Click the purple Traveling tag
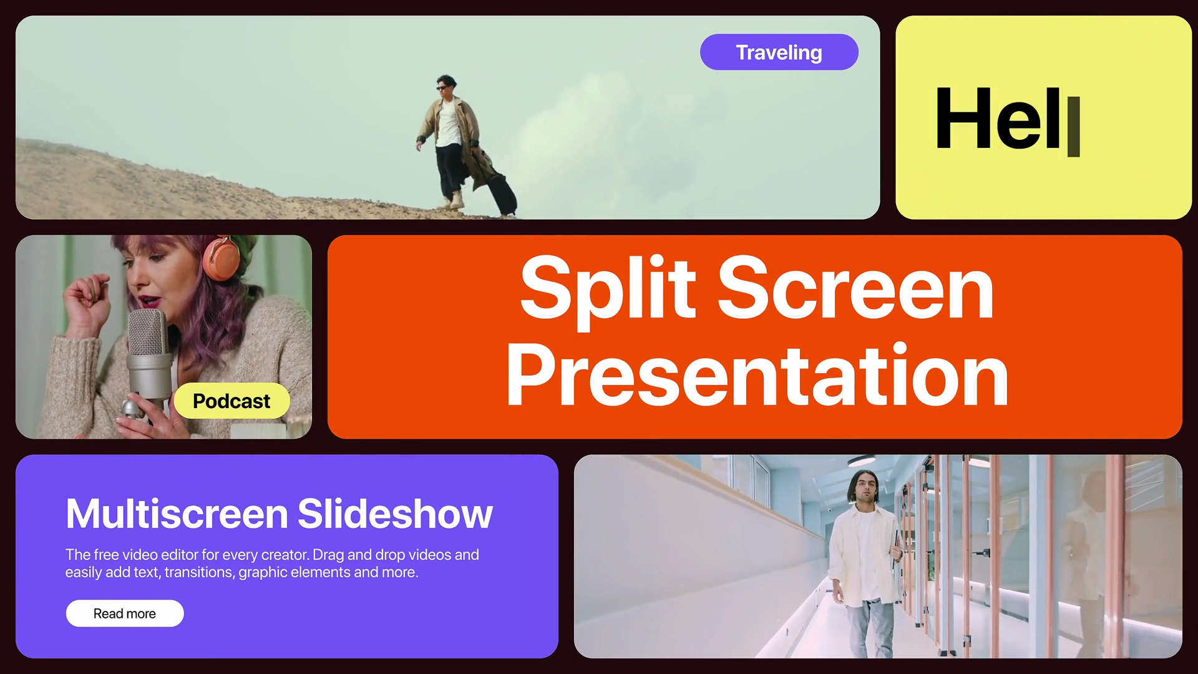pyautogui.click(x=779, y=52)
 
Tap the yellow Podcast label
pyautogui.click(x=231, y=401)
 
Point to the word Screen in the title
pyautogui.click(x=856, y=288)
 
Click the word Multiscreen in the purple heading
pyautogui.click(x=177, y=514)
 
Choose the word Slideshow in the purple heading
pyautogui.click(x=395, y=514)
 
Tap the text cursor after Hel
pyautogui.click(x=1073, y=127)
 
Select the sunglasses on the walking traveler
pyautogui.click(x=443, y=88)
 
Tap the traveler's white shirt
pyautogui.click(x=449, y=124)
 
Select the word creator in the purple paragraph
pyautogui.click(x=285, y=555)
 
